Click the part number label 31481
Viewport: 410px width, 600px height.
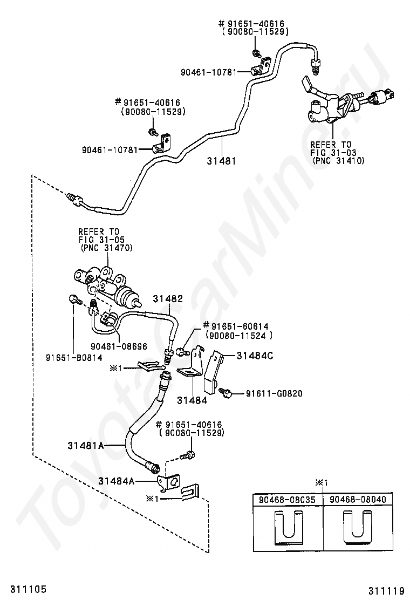coord(221,161)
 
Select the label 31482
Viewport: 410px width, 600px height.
coord(168,298)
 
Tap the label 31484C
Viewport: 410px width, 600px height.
coord(255,356)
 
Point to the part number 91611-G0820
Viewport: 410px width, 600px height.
coord(274,393)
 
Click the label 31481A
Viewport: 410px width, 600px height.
coord(86,445)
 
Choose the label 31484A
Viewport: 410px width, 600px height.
coord(117,481)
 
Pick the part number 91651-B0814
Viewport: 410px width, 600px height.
coord(74,357)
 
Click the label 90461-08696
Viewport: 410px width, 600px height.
coord(119,346)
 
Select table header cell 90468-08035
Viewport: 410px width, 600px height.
coord(287,499)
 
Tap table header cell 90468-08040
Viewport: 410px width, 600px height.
coord(358,499)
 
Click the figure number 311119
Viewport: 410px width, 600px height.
coord(386,590)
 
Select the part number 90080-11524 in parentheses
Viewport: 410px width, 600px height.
coord(239,335)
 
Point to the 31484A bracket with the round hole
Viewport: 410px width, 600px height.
coord(170,481)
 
